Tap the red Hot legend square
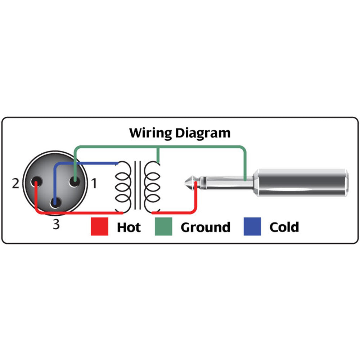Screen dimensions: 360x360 (99, 227)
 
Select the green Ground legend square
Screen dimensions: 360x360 (163, 227)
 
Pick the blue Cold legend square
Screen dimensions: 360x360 (252, 227)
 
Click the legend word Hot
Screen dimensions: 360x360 (129, 227)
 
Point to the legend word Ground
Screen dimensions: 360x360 (205, 227)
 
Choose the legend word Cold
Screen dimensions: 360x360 (284, 227)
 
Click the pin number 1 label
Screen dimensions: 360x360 (94, 184)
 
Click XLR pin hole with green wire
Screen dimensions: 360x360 (75, 182)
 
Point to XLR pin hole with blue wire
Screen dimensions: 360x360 (55, 203)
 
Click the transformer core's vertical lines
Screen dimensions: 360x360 (137, 185)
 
